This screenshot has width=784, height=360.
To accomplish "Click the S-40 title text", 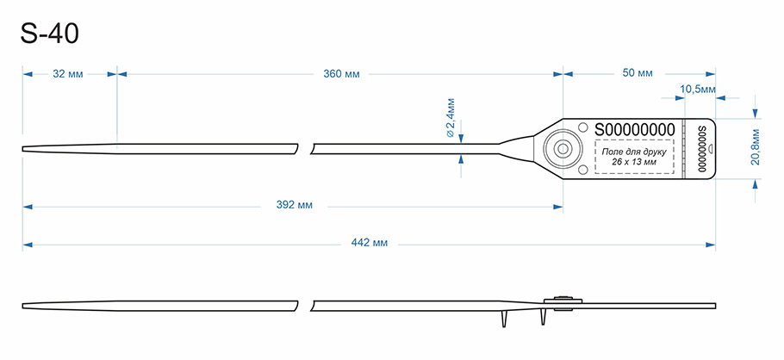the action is tap(49, 34).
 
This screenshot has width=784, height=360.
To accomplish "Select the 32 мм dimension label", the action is tap(68, 74).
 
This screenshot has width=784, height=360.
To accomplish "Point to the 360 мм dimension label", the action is tap(341, 74).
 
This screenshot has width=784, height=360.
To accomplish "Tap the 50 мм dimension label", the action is tap(638, 73).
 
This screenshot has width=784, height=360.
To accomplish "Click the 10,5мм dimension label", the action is tap(698, 89).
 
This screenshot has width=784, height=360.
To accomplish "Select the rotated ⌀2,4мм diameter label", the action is tap(451, 118).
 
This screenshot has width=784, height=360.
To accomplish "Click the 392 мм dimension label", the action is tap(295, 205).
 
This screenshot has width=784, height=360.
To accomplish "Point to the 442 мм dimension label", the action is tap(370, 243).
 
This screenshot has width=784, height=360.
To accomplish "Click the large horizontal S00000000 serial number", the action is tap(634, 129).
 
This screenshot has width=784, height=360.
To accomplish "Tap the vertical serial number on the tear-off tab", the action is tap(701, 149).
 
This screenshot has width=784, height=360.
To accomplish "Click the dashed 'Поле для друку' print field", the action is tap(634, 157).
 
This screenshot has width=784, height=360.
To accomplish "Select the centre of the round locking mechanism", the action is tap(563, 148).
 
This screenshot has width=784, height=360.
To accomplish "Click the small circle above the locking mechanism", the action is tap(582, 127).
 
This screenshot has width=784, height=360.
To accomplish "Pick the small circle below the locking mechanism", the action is tap(582, 170).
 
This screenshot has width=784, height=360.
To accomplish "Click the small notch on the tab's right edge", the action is tap(714, 148).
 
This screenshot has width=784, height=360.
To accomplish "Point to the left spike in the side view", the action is tap(505, 319).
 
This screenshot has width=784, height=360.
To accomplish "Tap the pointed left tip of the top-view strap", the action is tap(22, 148).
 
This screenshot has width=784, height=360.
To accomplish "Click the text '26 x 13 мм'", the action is tap(634, 162).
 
